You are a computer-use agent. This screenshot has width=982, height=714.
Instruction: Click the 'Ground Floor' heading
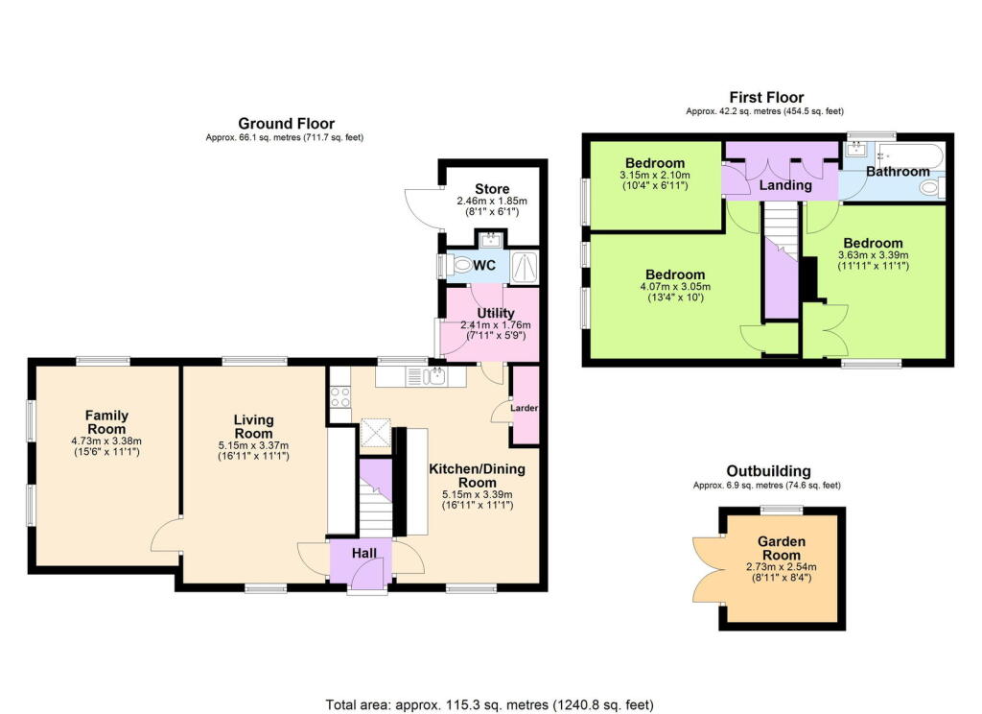[286, 124]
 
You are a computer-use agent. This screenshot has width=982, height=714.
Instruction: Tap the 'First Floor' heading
[765, 97]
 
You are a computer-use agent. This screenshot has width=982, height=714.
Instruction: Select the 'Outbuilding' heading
[767, 471]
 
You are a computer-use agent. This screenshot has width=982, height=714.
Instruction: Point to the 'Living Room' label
[254, 426]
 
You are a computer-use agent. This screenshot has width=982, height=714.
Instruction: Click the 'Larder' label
[525, 408]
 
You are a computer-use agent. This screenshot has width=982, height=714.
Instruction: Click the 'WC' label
[482, 265]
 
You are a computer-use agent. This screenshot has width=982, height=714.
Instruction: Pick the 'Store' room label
[492, 188]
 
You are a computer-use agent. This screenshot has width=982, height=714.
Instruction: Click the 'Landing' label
[786, 185]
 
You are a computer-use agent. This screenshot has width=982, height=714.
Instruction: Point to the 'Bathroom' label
[898, 172]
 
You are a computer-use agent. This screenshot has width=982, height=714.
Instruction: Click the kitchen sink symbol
[437, 375]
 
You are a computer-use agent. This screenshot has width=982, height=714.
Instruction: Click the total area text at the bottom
[490, 703]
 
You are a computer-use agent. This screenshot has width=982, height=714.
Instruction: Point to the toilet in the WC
[463, 266]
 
